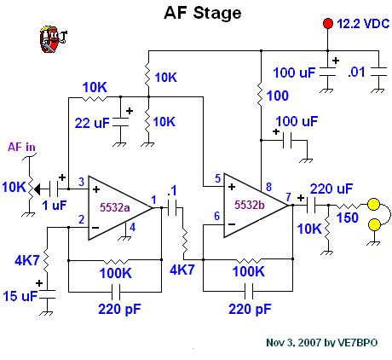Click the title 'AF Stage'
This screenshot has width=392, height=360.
(202, 13)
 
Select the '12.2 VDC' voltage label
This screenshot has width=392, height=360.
(362, 25)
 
